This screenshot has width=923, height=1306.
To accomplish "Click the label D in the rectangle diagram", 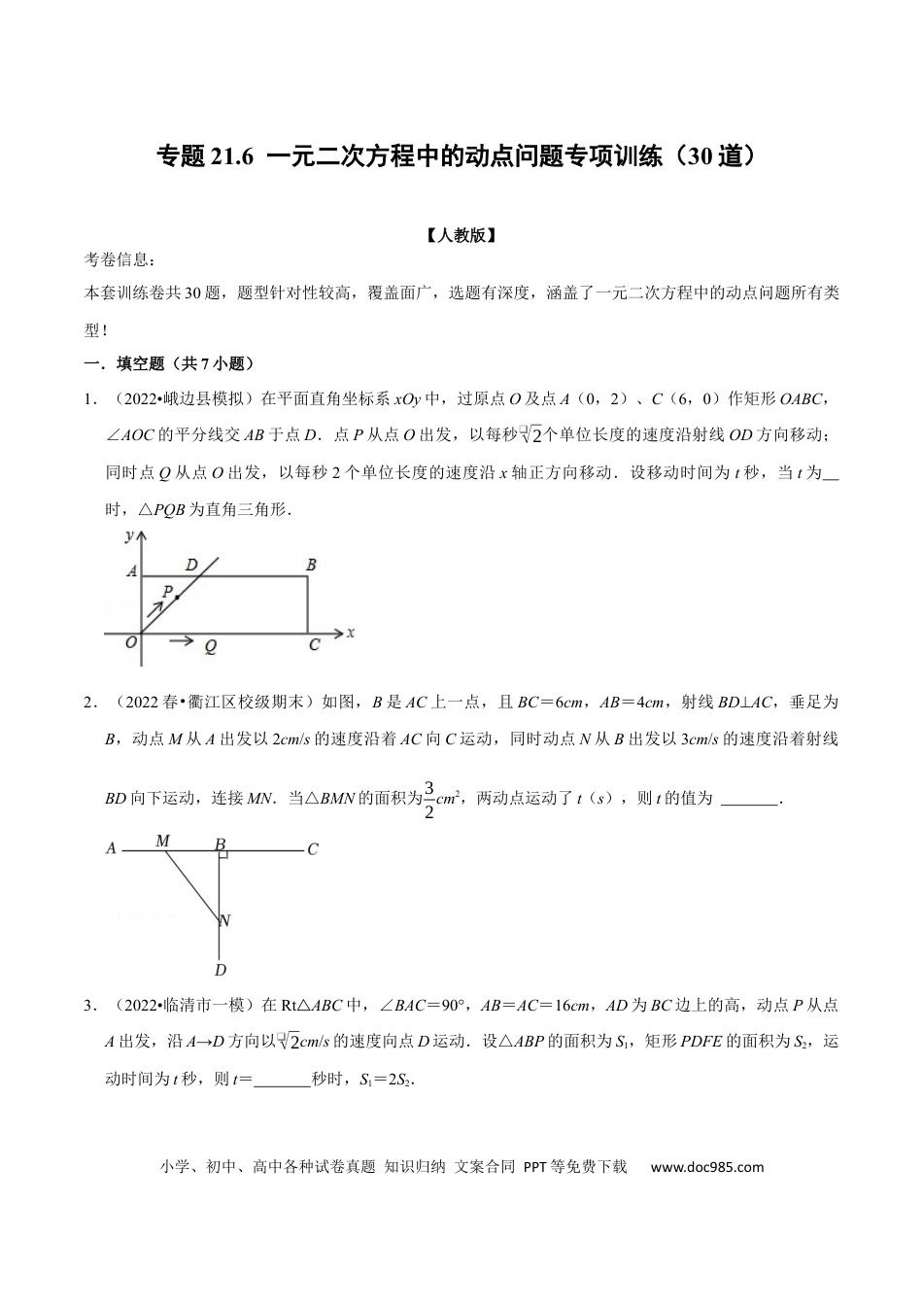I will pos(191,565).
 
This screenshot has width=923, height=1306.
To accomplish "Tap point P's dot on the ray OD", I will pos(177,597).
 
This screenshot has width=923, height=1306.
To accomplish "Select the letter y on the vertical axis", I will pos(129,536).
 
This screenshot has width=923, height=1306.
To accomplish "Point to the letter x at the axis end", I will pos(350,632).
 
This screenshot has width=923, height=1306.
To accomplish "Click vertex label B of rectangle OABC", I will pos(311,565).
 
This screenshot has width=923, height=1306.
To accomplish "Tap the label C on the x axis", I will pos(314,644).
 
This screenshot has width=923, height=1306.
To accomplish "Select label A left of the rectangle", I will pos(131,572).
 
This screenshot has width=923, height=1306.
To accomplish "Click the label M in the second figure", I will pos(163,841).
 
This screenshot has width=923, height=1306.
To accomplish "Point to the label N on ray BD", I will pos(224,920).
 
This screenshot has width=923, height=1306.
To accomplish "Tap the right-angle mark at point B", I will pos(223,854).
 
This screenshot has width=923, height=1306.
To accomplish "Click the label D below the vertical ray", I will pos(221,970).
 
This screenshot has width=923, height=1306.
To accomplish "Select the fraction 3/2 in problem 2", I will pos(428,799).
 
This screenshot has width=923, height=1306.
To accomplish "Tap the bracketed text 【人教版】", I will pos(461,234).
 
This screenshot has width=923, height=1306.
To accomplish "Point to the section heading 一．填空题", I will pos(126,364).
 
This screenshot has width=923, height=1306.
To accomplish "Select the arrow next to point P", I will pos(154,609).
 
